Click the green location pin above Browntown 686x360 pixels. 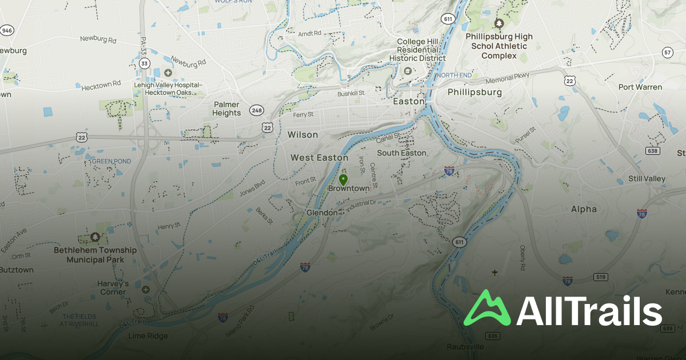coord(343,179)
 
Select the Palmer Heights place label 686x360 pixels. coord(227,109)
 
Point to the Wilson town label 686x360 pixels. coord(302,135)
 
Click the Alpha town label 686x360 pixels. coord(584,209)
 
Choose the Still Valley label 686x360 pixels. coord(647,179)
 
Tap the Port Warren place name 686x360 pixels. coord(640,87)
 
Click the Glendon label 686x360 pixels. coord(322,213)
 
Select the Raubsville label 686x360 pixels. coord(465,347)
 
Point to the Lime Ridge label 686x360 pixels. coord(148,336)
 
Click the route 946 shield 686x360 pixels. coord(7,30)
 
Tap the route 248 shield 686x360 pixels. coord(256,109)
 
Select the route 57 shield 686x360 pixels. coord(667,53)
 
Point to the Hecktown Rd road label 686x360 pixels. coord(101,85)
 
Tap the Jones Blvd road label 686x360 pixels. coord(252,189)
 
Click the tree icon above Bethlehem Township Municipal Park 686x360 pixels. coord(94,237)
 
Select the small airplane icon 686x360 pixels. coord(494,273)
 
